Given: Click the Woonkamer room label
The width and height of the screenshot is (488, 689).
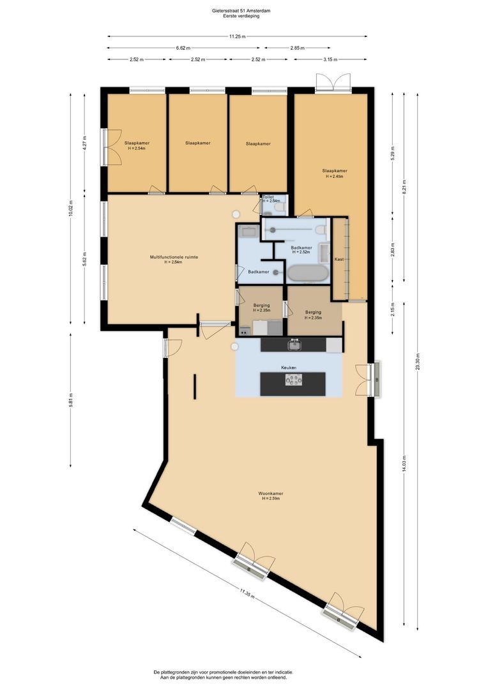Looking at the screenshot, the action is pos(271,493).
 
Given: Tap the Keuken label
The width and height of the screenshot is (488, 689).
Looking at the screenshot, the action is pos(289,367).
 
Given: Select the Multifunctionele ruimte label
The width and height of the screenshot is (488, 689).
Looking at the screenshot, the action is pos(174,257).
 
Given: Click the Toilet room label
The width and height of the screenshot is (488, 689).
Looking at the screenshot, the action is pos(268,197).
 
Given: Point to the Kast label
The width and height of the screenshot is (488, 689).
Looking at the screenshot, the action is pos(339,259).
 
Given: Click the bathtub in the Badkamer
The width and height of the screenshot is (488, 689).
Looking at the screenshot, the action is pos(308,274).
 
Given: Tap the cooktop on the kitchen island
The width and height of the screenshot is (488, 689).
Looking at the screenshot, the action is pos(294,380).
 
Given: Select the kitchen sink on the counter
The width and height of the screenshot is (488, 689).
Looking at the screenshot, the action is pos(294,345).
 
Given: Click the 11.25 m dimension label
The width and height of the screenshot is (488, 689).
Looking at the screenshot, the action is pos(237,36).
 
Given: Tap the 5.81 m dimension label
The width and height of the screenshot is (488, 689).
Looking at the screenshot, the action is pos(70,400).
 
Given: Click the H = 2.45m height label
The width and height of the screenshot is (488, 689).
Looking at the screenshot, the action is pos(335,176).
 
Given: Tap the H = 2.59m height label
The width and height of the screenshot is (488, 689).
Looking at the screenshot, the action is pos(271,499).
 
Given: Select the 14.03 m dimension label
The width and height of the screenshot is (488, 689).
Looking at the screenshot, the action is pos(404,463).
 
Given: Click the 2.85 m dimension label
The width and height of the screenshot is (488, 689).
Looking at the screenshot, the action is pos(297,48).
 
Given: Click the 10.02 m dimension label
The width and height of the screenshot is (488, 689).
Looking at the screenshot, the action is pos(70,208).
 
